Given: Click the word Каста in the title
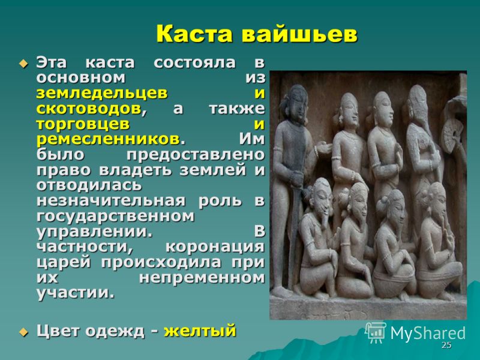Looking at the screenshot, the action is [194, 34].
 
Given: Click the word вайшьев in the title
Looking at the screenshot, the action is [299, 34].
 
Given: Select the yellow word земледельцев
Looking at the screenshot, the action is [102, 93].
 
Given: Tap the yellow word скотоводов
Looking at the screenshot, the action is [89, 109].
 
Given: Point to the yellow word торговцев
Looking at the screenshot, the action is [83, 124].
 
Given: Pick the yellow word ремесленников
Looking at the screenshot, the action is [108, 139].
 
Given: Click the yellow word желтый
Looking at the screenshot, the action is [200, 331].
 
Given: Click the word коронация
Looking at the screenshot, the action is [215, 247].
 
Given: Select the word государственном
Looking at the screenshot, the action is [115, 216].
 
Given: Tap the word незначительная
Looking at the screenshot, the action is [111, 201].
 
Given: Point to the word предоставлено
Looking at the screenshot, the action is [196, 155].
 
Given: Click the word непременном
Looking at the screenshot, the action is [202, 278].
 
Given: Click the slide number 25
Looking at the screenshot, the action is [446, 345].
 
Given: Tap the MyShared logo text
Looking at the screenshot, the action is [428, 333].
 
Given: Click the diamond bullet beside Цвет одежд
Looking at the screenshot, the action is [23, 332].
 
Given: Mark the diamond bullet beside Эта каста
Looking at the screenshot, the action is [23, 64].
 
